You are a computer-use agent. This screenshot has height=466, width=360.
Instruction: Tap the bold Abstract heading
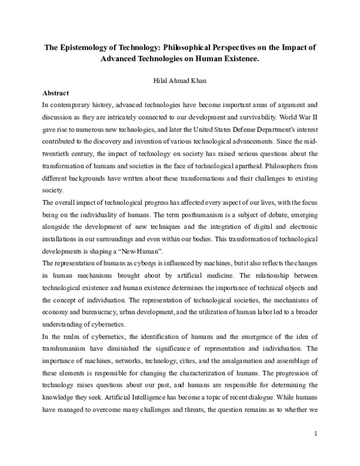(x=55, y=94)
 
